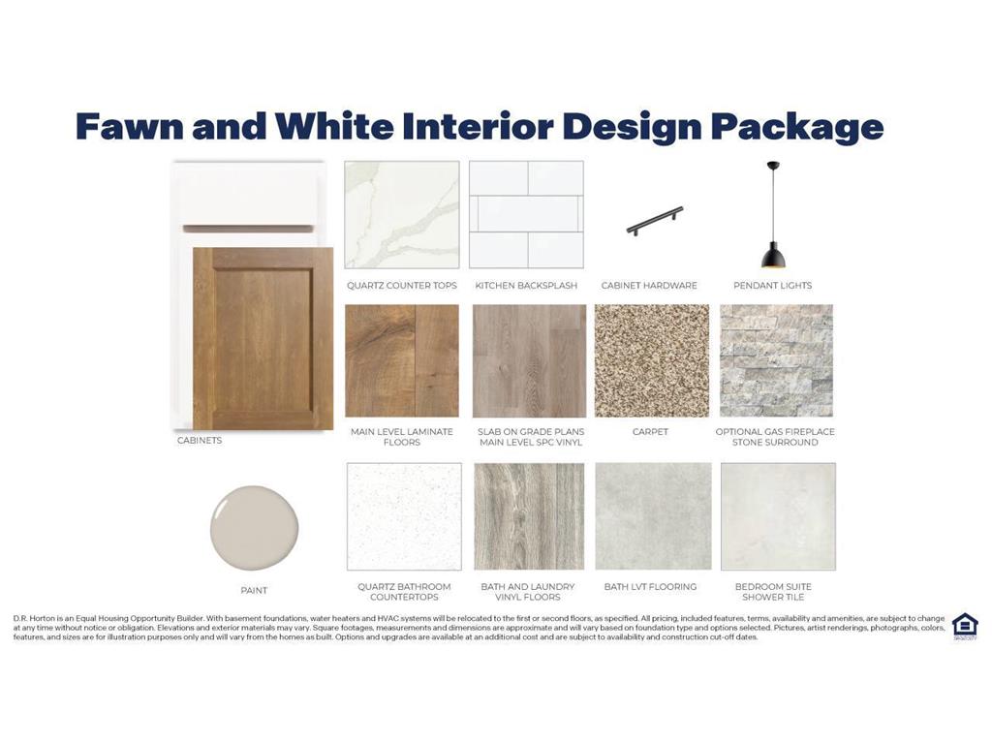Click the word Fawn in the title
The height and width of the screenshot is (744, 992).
(131, 126)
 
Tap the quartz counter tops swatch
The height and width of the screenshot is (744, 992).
(402, 214)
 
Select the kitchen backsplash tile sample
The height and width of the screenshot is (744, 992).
(526, 214)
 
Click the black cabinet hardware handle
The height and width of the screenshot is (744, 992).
(655, 220)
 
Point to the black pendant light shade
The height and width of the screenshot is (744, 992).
(773, 255)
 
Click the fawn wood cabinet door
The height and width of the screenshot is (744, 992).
(263, 338)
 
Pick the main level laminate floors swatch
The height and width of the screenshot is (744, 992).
(402, 360)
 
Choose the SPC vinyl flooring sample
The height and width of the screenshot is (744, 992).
(530, 360)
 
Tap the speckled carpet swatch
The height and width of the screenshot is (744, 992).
(652, 360)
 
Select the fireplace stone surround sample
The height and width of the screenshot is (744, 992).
(776, 360)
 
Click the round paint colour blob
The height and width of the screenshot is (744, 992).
(255, 528)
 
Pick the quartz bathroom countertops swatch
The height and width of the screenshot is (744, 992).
(404, 516)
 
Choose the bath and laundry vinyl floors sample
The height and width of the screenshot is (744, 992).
(529, 516)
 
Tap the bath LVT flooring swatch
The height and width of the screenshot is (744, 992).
(654, 516)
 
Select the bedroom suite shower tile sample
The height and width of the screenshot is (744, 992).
(778, 516)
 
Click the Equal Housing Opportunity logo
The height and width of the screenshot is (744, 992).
(966, 627)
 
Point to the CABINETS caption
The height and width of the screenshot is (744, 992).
(200, 441)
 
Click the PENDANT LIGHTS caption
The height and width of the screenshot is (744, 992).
(772, 286)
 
